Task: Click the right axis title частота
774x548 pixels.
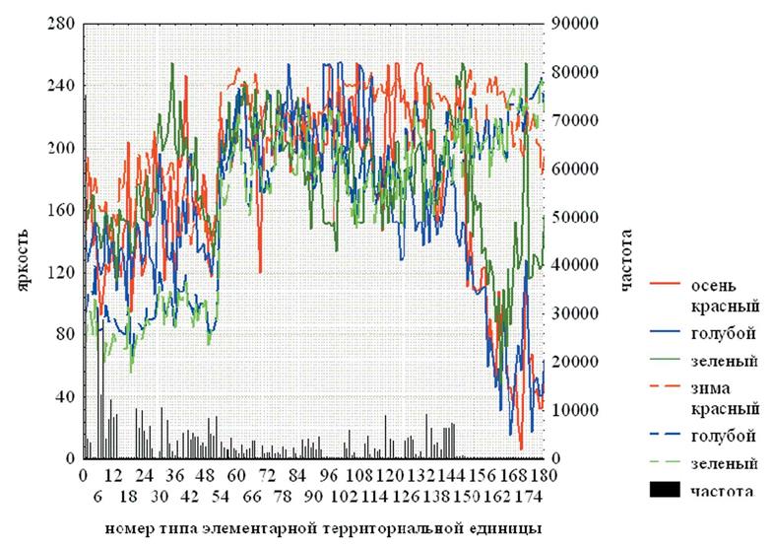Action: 626,260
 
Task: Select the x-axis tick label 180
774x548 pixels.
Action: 543,477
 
